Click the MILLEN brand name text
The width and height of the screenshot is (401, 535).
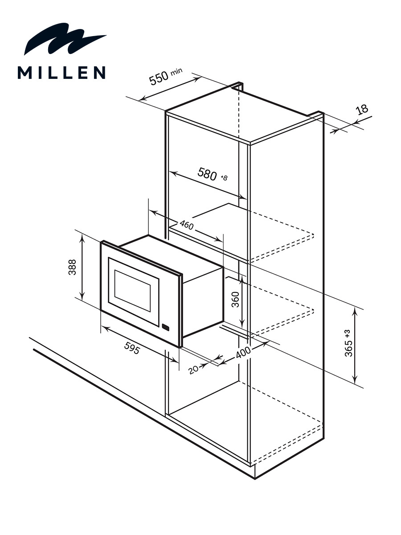pos(61,72)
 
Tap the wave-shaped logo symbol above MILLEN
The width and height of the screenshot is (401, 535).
pos(65,39)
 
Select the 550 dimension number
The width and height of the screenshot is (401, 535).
pos(159,78)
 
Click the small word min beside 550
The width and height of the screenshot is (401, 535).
pos(176,71)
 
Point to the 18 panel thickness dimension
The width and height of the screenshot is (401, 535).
pos(362,110)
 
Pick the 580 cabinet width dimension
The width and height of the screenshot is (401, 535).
pos(207,174)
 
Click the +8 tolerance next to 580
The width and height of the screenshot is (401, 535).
pos(224,178)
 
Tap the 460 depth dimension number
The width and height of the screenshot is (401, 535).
pos(187,225)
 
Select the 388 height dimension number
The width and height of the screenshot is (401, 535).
pos(72,267)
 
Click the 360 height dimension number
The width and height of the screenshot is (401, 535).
pos(235,300)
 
